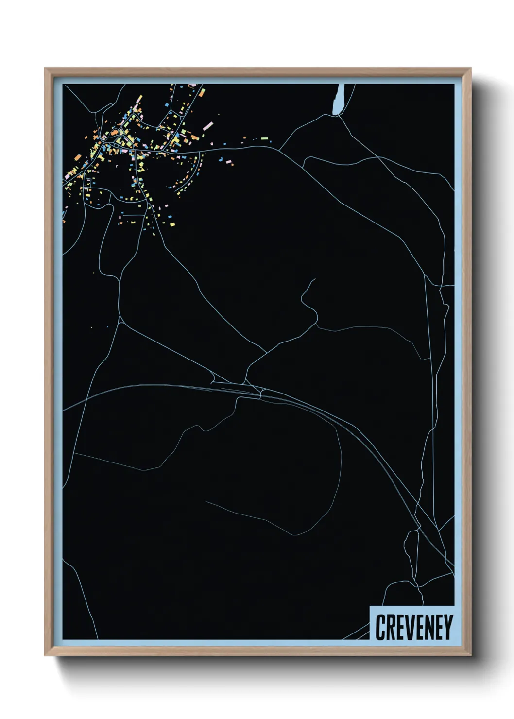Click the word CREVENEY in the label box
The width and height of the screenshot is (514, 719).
coord(414,627)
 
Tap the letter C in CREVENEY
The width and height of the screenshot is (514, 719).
coord(380,627)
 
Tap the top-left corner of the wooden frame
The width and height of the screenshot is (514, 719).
coord(46,68)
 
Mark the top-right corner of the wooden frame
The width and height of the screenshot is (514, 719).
coord(470,68)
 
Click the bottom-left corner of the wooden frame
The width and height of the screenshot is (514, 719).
coord(46,655)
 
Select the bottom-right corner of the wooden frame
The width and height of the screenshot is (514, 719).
coord(470,655)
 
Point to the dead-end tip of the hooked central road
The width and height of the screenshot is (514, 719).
coord(315,279)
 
